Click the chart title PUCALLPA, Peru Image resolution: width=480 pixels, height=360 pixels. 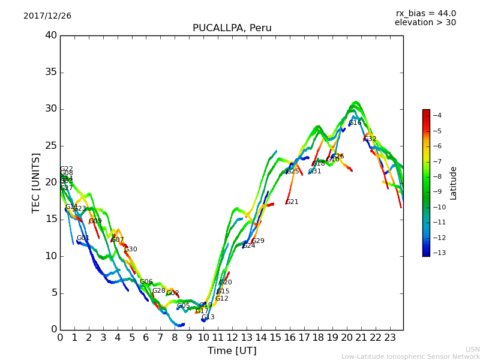pos(232,28)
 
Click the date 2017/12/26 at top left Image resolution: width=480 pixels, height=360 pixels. pos(47,16)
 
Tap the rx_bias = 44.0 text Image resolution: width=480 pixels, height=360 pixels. pos(425,13)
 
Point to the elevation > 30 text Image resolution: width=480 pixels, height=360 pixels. pos(425,23)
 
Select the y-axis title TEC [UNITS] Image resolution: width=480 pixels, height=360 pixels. pos(36,182)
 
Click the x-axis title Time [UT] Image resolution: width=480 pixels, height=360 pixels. pos(232,350)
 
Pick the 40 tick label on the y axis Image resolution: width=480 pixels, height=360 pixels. pos(50,35)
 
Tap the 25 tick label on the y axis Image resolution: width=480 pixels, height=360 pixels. pos(50,146)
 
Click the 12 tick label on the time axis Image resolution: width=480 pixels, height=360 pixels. pos(232,337)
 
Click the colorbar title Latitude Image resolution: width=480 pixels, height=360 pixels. pos(454,182)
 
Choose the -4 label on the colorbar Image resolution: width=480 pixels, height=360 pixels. pos(437,115)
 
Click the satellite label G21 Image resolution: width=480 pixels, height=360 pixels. pos(292,202)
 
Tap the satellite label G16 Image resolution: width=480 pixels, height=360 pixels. pos(355,123)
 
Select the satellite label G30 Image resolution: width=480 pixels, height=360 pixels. pos(131,250)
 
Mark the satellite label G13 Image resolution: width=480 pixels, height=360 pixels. pos(208,317)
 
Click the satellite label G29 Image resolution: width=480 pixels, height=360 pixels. pos(258,241)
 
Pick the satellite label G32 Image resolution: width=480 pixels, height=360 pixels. pos(370,139)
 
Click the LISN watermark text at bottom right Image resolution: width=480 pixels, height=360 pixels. pos(472,349)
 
